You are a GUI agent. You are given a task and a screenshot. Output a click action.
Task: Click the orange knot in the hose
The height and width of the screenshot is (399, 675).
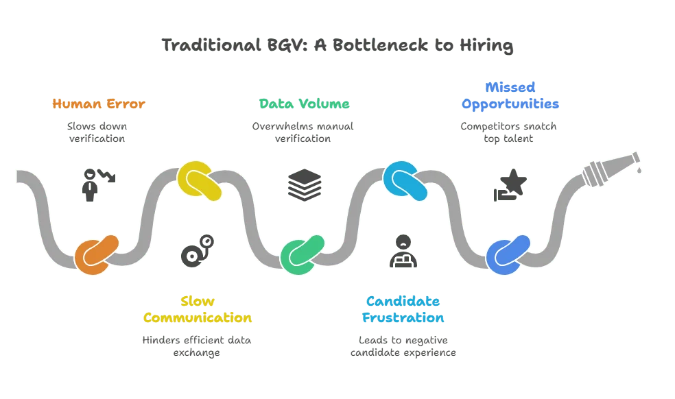[x=97, y=255]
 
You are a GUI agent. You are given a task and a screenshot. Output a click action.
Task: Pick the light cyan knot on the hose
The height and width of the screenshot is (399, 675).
[x=405, y=181]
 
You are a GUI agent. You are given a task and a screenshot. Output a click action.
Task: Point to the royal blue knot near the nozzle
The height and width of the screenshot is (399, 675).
[x=508, y=255]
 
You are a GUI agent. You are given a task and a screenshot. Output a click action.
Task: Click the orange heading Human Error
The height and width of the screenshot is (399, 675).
[x=99, y=104]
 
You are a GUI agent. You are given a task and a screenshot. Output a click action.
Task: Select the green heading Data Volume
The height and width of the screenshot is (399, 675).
[x=304, y=104]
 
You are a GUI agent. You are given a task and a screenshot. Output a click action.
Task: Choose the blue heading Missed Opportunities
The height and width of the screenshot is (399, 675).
[x=510, y=96]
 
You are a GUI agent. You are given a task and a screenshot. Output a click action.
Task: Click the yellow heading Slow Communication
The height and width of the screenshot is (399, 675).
[x=197, y=310]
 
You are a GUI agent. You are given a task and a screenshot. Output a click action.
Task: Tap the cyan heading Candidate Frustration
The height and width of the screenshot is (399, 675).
[x=403, y=310]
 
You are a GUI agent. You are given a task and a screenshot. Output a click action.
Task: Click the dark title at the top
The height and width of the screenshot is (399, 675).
[x=337, y=47]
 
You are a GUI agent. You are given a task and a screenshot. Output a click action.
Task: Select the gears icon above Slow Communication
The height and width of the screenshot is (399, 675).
[x=198, y=248]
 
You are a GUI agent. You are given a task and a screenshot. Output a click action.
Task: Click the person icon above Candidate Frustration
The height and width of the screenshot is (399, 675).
[x=403, y=250]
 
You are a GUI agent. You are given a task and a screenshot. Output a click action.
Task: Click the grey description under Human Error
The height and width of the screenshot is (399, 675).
[x=97, y=132]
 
